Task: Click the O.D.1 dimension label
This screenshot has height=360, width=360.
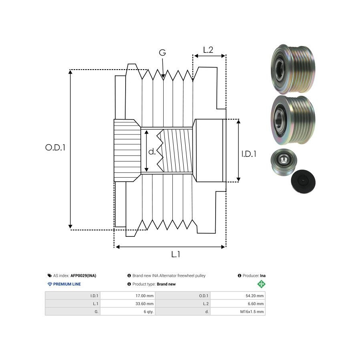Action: [x=55, y=147]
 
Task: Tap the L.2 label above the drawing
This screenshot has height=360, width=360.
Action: [x=208, y=50]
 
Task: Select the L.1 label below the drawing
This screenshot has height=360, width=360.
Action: [x=176, y=254]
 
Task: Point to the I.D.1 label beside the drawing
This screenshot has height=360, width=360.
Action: [x=249, y=154]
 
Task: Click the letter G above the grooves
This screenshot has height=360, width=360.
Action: [x=162, y=53]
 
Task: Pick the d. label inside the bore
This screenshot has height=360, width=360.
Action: [x=152, y=152]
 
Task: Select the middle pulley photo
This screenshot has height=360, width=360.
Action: [x=292, y=119]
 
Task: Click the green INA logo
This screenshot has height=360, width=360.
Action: [x=262, y=284]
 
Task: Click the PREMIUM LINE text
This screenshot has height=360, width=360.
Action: [x=67, y=284]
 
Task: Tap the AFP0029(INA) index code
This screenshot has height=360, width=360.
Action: [x=83, y=276]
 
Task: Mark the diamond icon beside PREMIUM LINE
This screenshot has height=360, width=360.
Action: [x=50, y=284]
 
